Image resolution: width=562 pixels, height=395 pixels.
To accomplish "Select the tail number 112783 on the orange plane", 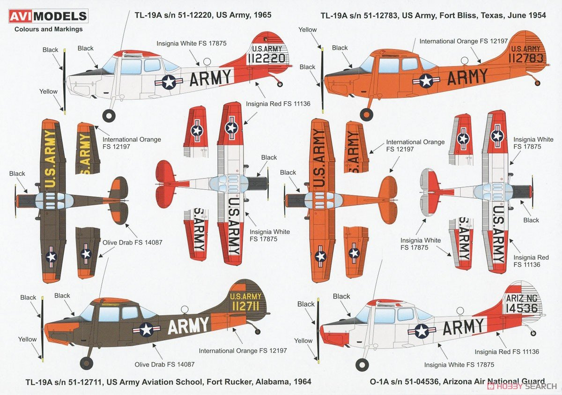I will pyautogui.click(x=524, y=58).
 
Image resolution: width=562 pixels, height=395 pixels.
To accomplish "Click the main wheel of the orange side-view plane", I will pyautogui.click(x=366, y=114).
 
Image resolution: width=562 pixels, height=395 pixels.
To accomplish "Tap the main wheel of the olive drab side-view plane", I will pyautogui.click(x=87, y=362).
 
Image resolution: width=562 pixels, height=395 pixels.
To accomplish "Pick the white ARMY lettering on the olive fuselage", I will pyautogui.click(x=188, y=326).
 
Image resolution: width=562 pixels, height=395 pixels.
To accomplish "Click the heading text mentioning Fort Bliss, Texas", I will pyautogui.click(x=433, y=15).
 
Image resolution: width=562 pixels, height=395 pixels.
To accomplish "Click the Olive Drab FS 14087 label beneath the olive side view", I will pyautogui.click(x=164, y=364).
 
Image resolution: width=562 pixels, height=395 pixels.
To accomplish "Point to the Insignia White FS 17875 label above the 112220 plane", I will pyautogui.click(x=191, y=44).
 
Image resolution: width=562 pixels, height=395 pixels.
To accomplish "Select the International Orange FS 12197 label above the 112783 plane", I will pyautogui.click(x=463, y=41).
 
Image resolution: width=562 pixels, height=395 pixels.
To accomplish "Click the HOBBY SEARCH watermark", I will pyautogui.click(x=520, y=386).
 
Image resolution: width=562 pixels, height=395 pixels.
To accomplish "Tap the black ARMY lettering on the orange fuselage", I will pyautogui.click(x=467, y=77).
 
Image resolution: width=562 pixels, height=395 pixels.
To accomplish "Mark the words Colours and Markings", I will pyautogui.click(x=49, y=29).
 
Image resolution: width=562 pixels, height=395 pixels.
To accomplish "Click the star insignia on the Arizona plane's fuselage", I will pyautogui.click(x=421, y=331).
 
